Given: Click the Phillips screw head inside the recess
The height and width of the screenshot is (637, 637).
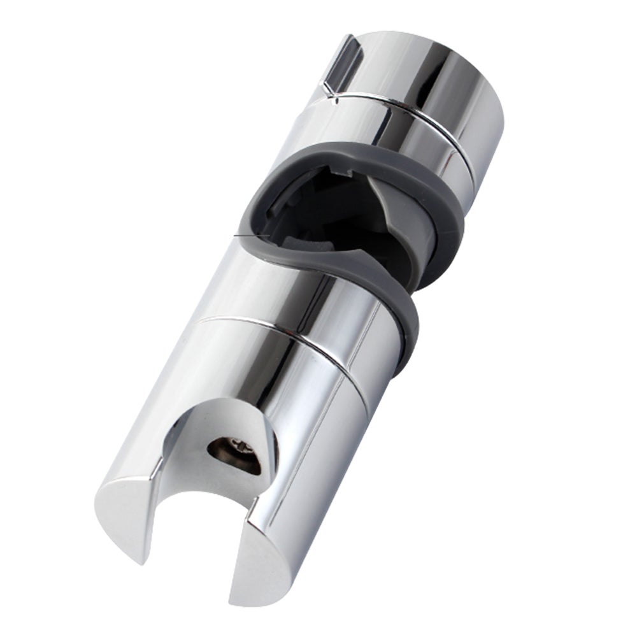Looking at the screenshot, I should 238,448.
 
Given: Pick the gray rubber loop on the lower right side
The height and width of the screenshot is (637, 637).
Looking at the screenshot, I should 408,318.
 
